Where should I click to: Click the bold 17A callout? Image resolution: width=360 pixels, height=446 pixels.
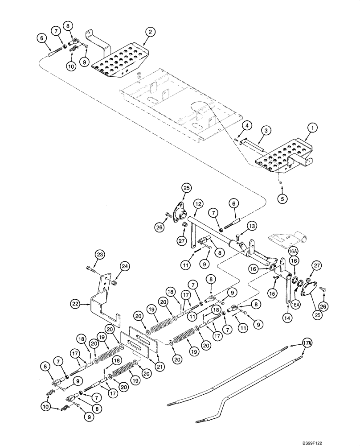click(295, 343)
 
